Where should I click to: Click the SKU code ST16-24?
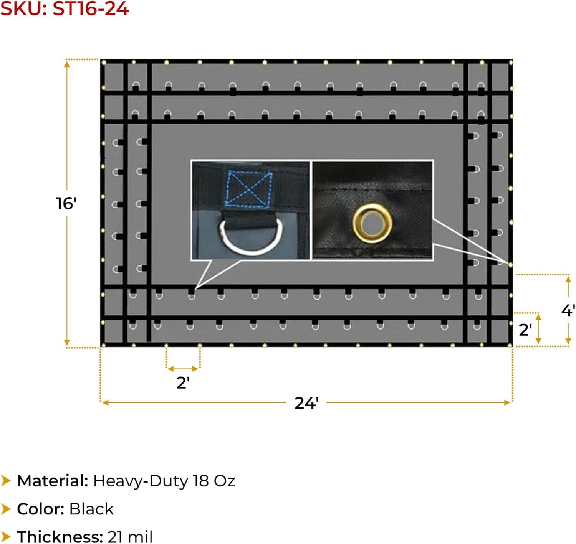pyautogui.click(x=91, y=8)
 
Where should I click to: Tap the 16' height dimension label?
pyautogui.click(x=66, y=203)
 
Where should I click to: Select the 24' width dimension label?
pyautogui.click(x=306, y=403)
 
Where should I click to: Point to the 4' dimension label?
pyautogui.click(x=568, y=310)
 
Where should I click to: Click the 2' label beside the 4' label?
pyautogui.click(x=525, y=330)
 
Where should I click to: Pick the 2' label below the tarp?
pyautogui.click(x=183, y=383)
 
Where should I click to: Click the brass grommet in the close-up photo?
pyautogui.click(x=372, y=223)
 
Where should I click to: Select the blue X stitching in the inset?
pyautogui.click(x=249, y=188)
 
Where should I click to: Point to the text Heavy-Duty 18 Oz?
pyautogui.click(x=164, y=481)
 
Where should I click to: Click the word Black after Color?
pyautogui.click(x=91, y=509)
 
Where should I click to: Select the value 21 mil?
pyautogui.click(x=130, y=536)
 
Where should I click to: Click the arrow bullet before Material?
pyautogui.click(x=6, y=481)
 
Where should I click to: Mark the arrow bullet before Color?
pyautogui.click(x=6, y=509)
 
